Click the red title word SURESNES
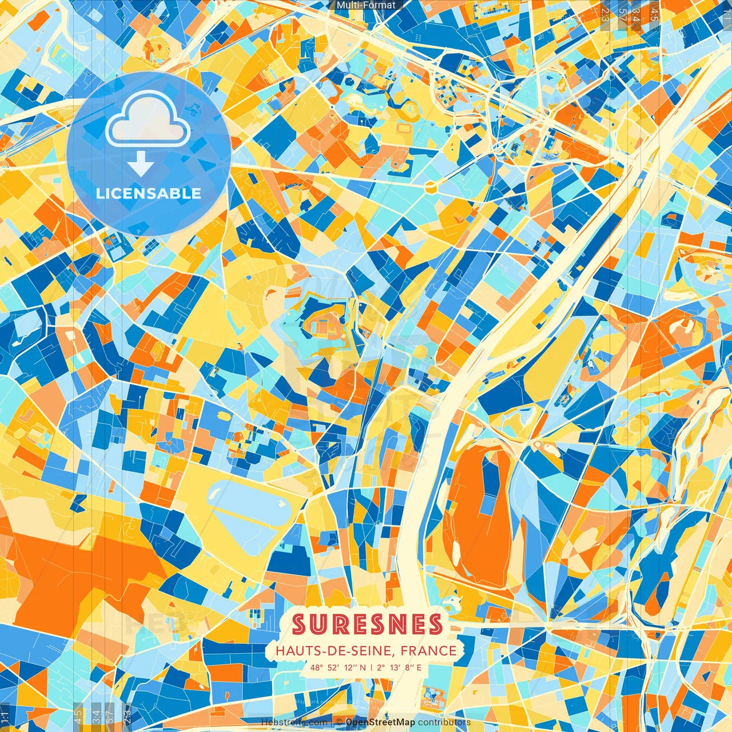(367, 624)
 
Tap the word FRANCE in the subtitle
(429, 651)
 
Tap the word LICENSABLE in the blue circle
(149, 193)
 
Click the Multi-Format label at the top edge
(366, 5)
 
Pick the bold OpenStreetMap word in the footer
(380, 722)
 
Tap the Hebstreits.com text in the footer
(295, 722)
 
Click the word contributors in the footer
(444, 722)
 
